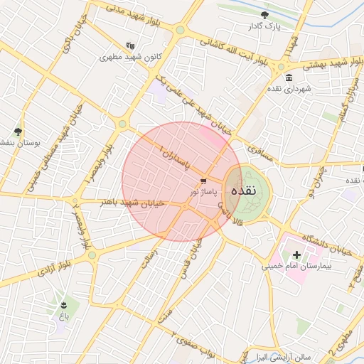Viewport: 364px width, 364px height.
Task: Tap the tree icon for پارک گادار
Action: (x=265, y=14)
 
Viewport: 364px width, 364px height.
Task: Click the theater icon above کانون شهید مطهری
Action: (x=129, y=45)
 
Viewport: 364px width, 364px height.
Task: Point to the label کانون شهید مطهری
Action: (x=128, y=57)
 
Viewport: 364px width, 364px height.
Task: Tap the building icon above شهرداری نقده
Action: (x=288, y=77)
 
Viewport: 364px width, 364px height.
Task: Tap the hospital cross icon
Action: (x=296, y=255)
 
